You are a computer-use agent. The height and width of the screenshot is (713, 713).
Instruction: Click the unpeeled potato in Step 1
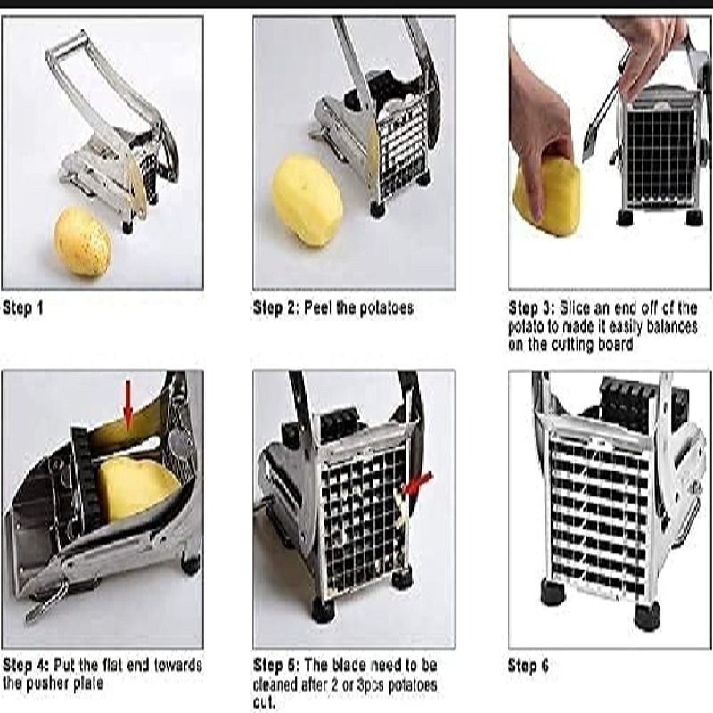coord(83,241)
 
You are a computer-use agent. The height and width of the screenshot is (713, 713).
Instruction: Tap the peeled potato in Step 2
coord(307,199)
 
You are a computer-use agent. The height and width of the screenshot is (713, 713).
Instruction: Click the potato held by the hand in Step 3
coord(547,197)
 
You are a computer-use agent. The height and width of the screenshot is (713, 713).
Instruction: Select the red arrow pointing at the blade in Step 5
coord(417,483)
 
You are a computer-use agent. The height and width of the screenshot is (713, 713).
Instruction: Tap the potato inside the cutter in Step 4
coord(138,488)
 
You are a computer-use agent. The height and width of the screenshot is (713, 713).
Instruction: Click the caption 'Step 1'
coord(23,307)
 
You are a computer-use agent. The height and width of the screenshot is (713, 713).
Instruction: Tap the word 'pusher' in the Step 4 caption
coord(49,684)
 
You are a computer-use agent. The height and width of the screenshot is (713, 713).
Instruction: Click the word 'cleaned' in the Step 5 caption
coord(275,684)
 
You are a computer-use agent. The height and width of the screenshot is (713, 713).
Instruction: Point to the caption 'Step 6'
coord(528,666)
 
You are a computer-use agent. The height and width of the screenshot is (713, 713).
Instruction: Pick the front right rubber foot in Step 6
coord(647,616)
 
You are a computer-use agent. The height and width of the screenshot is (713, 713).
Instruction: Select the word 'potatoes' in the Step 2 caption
coord(387,307)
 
